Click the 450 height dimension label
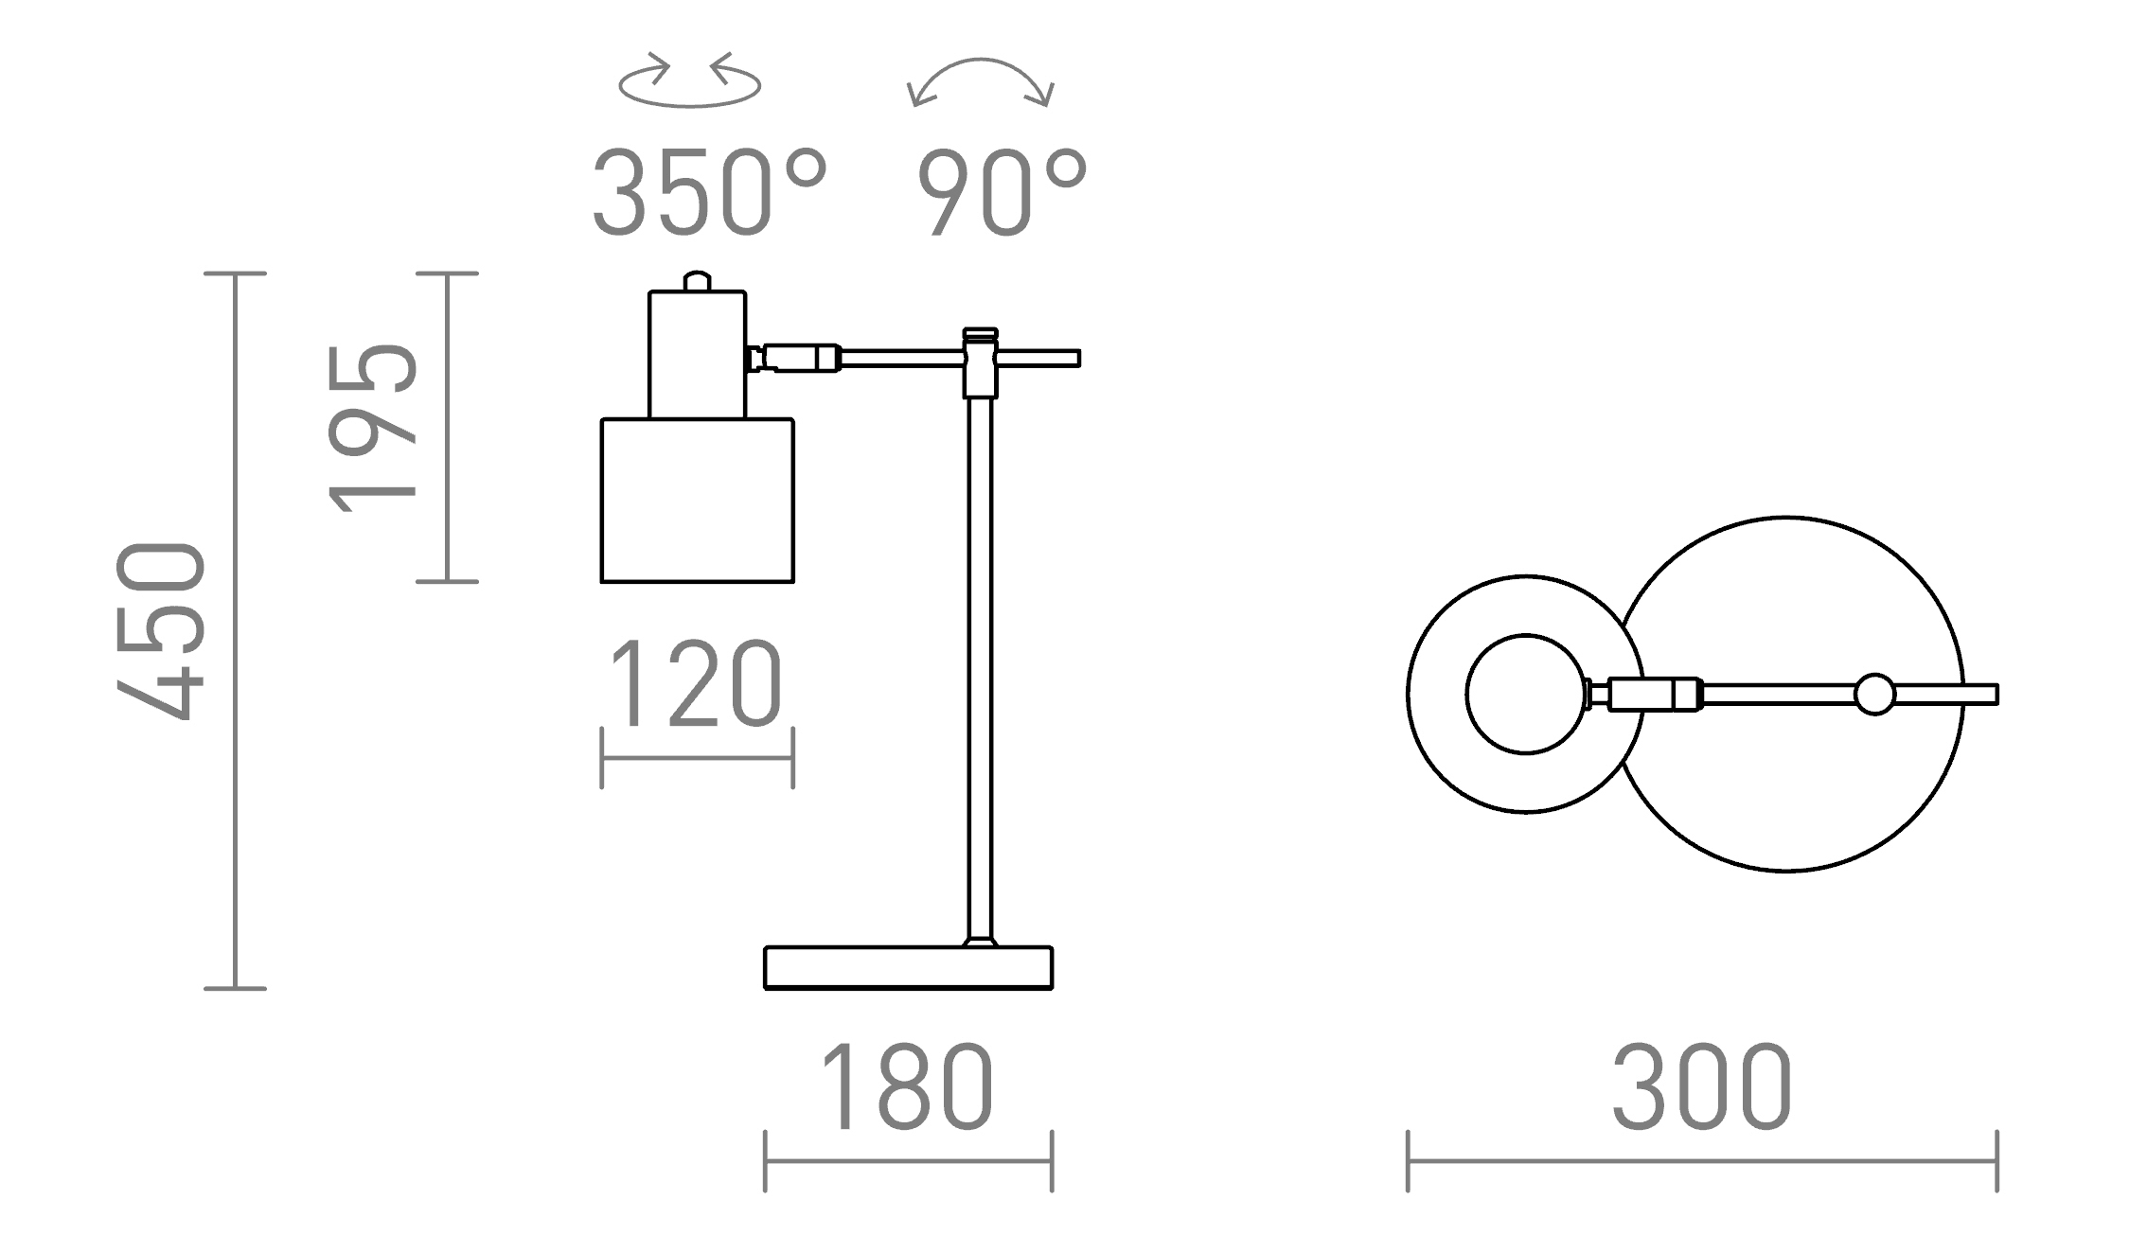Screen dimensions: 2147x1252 [161, 631]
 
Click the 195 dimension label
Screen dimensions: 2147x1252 [372, 429]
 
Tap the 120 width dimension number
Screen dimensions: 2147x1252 [696, 683]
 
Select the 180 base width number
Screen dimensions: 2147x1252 [907, 1087]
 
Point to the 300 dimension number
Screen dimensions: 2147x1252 [1701, 1087]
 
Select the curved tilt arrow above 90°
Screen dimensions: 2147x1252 [980, 61]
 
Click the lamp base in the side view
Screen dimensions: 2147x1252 [908, 967]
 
